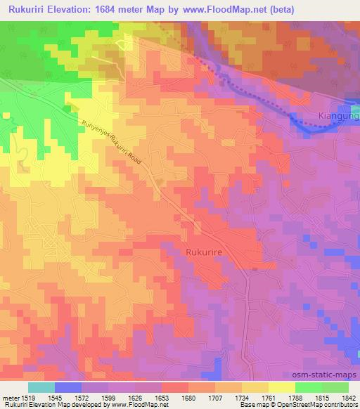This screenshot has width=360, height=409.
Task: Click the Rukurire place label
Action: (205, 251)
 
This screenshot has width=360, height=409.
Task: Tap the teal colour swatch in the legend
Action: (41, 387)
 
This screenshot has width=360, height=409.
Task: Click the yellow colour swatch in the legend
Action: (281, 387)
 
